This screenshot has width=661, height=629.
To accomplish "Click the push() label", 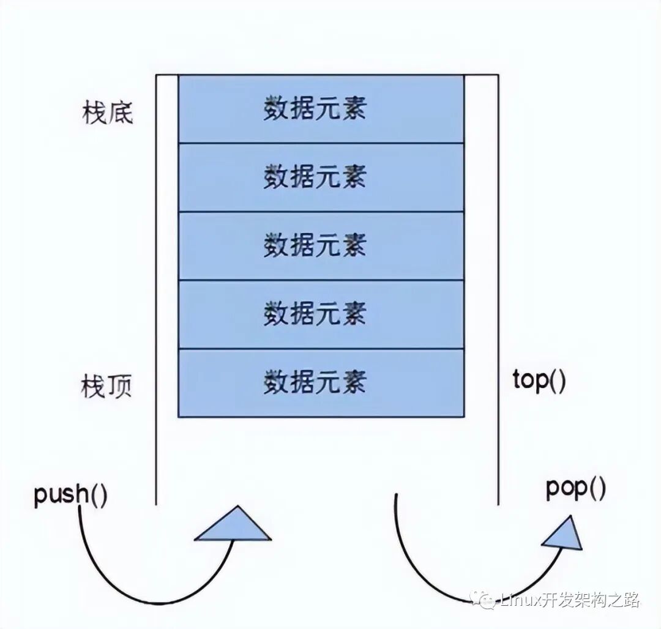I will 70,494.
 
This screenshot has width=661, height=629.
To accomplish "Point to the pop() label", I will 575,489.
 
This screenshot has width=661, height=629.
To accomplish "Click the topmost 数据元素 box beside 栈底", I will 321,109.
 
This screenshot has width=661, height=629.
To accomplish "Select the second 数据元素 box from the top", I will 321,177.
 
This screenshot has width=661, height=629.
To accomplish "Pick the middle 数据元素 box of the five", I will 321,246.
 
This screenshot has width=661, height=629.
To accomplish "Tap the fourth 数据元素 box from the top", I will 321,314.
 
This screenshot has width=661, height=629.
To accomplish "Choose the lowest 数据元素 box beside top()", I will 321,383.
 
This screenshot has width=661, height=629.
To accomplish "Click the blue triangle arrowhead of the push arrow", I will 233,526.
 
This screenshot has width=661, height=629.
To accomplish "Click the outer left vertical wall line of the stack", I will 156,288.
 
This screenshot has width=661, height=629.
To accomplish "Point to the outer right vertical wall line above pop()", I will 498,288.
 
